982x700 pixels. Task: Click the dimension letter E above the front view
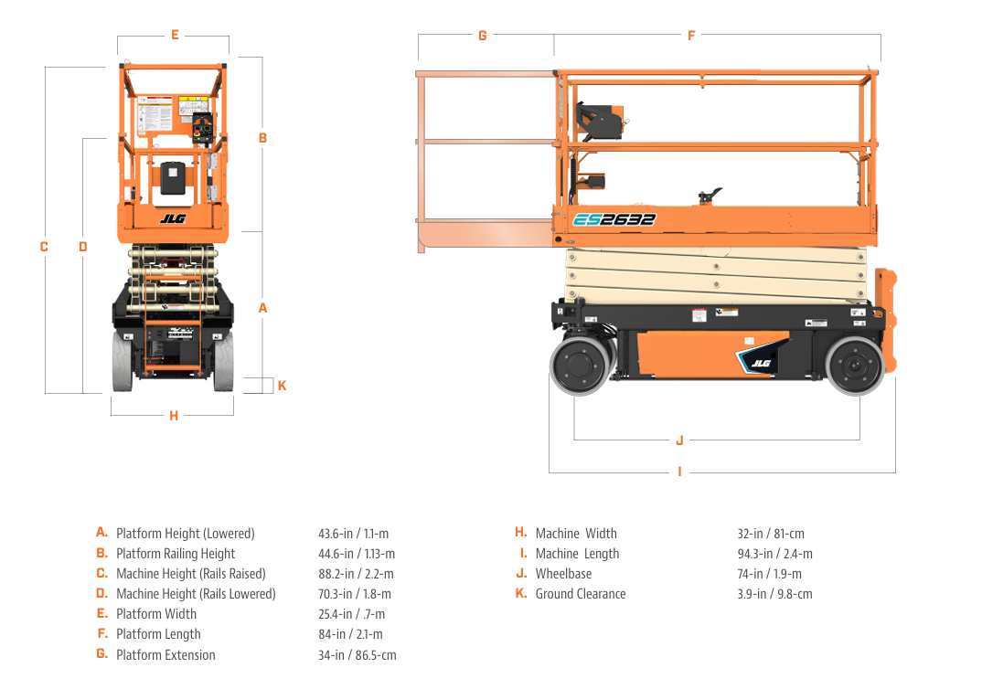(175, 36)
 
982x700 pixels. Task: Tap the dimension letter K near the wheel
(282, 386)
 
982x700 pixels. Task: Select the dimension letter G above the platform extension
(482, 36)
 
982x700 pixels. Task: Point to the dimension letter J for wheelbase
(679, 440)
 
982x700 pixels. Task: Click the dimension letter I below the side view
(679, 472)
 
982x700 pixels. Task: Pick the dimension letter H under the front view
(174, 417)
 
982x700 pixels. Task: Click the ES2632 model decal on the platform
(614, 219)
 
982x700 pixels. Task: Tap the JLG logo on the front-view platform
(172, 218)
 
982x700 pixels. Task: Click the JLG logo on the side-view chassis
(761, 364)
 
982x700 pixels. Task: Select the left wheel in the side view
(578, 366)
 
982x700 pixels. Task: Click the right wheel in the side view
(855, 366)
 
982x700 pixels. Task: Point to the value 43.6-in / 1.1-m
(354, 534)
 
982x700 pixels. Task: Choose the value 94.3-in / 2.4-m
(774, 554)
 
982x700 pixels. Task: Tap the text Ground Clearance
(581, 594)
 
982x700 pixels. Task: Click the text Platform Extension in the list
(165, 655)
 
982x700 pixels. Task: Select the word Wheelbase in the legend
(563, 574)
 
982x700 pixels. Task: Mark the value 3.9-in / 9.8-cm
(774, 594)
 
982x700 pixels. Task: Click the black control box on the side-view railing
(600, 122)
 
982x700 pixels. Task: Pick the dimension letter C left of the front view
(44, 247)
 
